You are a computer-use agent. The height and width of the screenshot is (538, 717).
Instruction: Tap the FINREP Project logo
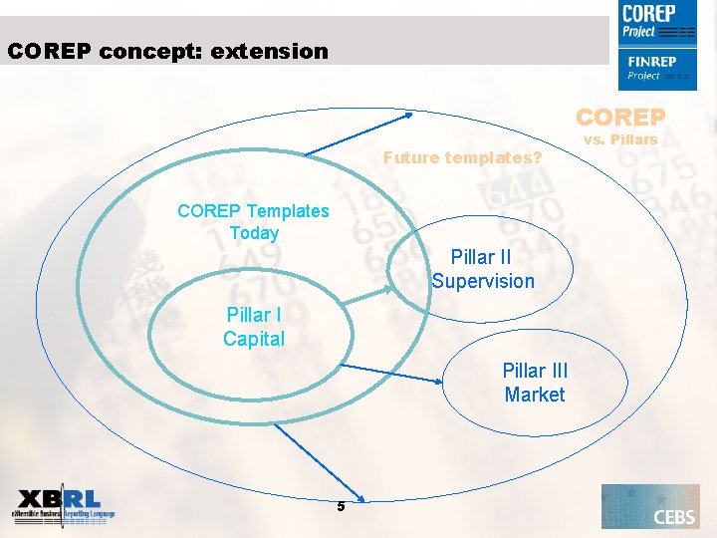tap(656, 68)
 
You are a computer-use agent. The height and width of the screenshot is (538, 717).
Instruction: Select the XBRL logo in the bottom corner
tap(64, 507)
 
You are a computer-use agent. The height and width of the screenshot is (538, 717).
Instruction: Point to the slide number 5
tap(341, 506)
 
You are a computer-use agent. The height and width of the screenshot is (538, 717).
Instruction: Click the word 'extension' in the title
tap(269, 51)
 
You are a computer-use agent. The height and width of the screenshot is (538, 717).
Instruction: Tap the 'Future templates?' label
tap(462, 157)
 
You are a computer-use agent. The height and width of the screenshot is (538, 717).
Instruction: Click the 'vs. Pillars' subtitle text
tap(620, 139)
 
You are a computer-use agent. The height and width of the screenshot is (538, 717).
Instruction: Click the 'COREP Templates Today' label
tap(253, 221)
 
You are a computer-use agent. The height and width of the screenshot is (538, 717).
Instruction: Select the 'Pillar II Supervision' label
tap(483, 269)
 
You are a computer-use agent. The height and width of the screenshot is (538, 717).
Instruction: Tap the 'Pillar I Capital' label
tap(254, 327)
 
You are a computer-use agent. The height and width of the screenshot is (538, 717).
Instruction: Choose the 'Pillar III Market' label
tap(535, 383)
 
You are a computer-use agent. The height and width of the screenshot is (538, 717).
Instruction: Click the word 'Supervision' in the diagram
tap(483, 281)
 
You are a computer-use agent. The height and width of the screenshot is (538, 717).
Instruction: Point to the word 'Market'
tap(535, 395)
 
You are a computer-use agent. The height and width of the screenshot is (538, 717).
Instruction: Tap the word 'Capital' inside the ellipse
tap(254, 339)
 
